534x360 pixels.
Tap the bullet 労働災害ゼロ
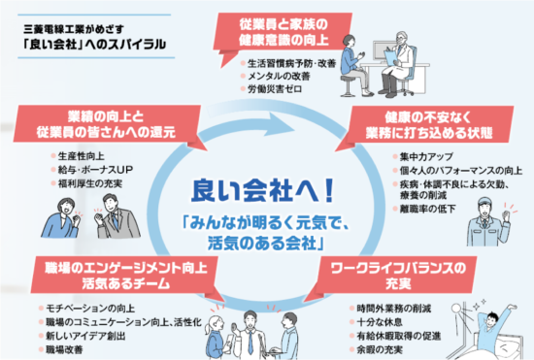click(x=276, y=89)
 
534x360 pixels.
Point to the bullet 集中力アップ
click(x=424, y=155)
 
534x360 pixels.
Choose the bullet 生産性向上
click(x=82, y=154)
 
